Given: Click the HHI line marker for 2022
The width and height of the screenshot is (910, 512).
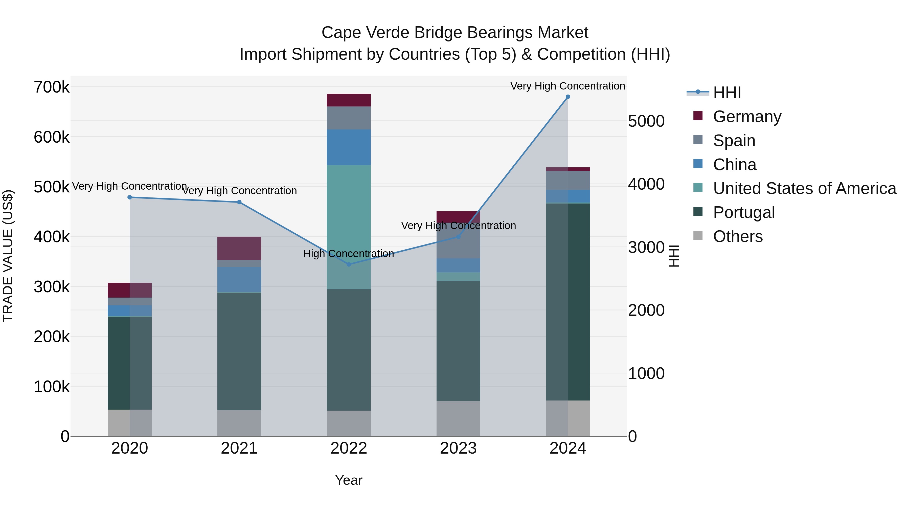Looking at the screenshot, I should click(349, 264).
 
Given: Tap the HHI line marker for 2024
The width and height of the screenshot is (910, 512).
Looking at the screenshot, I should click(568, 97).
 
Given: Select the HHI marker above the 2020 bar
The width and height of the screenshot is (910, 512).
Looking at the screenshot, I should click(130, 197).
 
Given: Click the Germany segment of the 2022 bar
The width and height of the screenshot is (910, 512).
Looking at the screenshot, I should click(349, 100).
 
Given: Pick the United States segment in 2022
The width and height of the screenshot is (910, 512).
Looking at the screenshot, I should click(349, 212).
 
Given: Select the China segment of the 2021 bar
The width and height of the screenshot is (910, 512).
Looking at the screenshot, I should click(239, 279).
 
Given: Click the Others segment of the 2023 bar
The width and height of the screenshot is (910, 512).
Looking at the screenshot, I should click(458, 418).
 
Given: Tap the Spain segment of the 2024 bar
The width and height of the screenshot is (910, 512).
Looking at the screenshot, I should click(568, 180).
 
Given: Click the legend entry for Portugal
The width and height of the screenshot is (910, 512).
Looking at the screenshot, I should click(744, 212).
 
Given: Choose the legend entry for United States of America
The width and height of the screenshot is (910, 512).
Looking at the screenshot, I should click(804, 188).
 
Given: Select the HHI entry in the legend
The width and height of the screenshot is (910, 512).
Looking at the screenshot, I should click(727, 93).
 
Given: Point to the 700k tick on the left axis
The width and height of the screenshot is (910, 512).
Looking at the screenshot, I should click(52, 87).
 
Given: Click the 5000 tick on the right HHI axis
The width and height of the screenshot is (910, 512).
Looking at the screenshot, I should click(646, 121).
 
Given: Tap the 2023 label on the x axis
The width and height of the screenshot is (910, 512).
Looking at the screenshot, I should click(458, 448).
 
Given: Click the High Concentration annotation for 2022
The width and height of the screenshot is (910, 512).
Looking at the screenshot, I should click(348, 253).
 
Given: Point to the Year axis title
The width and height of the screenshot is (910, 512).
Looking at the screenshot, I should click(349, 480).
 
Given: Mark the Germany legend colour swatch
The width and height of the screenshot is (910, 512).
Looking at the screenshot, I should click(698, 116).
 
